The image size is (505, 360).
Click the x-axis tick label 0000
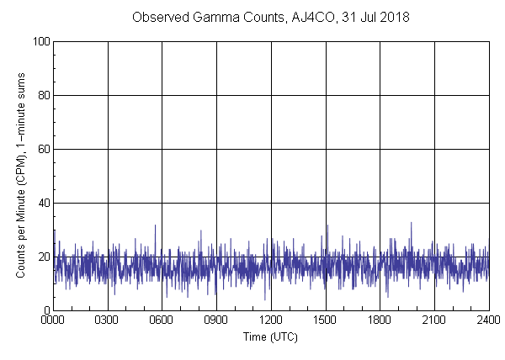click(x=53, y=320)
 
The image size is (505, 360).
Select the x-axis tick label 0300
click(x=108, y=320)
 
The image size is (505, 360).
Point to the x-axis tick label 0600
click(x=162, y=320)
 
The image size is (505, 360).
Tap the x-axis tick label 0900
click(x=216, y=320)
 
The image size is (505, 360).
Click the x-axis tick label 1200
click(x=271, y=320)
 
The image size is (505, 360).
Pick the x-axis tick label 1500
click(x=325, y=320)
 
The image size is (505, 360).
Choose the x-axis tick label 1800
click(x=380, y=320)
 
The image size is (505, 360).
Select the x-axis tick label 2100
click(x=434, y=320)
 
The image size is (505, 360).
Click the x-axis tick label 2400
click(x=488, y=320)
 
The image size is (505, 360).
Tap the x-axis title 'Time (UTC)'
click(x=270, y=336)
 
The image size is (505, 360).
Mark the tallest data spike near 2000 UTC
click(x=411, y=223)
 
